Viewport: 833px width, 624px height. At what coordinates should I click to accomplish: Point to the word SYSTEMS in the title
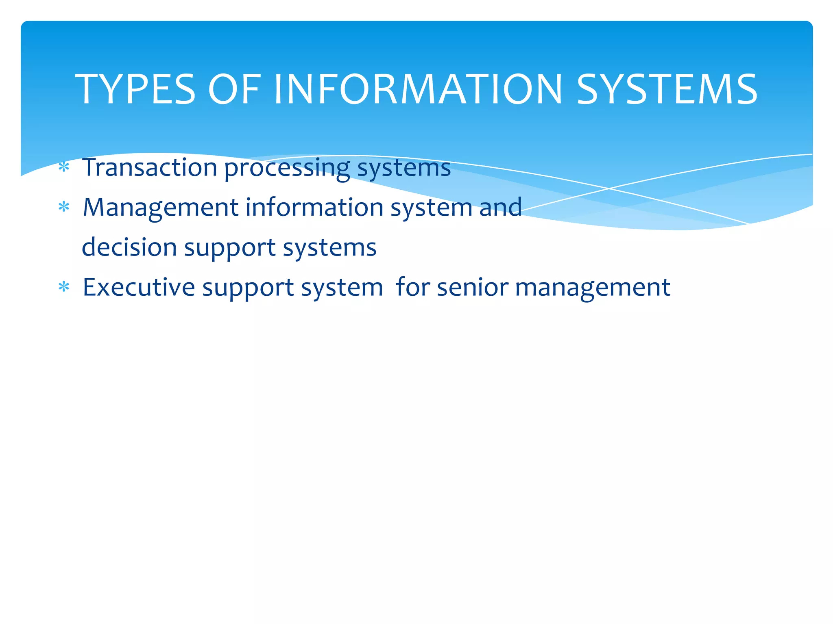coord(667,89)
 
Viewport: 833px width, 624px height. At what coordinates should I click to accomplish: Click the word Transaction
coord(150,167)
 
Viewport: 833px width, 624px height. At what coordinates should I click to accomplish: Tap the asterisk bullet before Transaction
coord(64,167)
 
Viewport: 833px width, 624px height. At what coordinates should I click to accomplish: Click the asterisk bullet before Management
coord(64,207)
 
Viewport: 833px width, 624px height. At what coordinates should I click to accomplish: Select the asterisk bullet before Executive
coord(64,287)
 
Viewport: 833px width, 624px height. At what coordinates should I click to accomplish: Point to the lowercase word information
coord(314,207)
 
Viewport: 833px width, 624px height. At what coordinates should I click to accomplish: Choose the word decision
coord(129,247)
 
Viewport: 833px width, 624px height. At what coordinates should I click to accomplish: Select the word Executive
coord(139,287)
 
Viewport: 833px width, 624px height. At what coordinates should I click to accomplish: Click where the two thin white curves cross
coord(609,188)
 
